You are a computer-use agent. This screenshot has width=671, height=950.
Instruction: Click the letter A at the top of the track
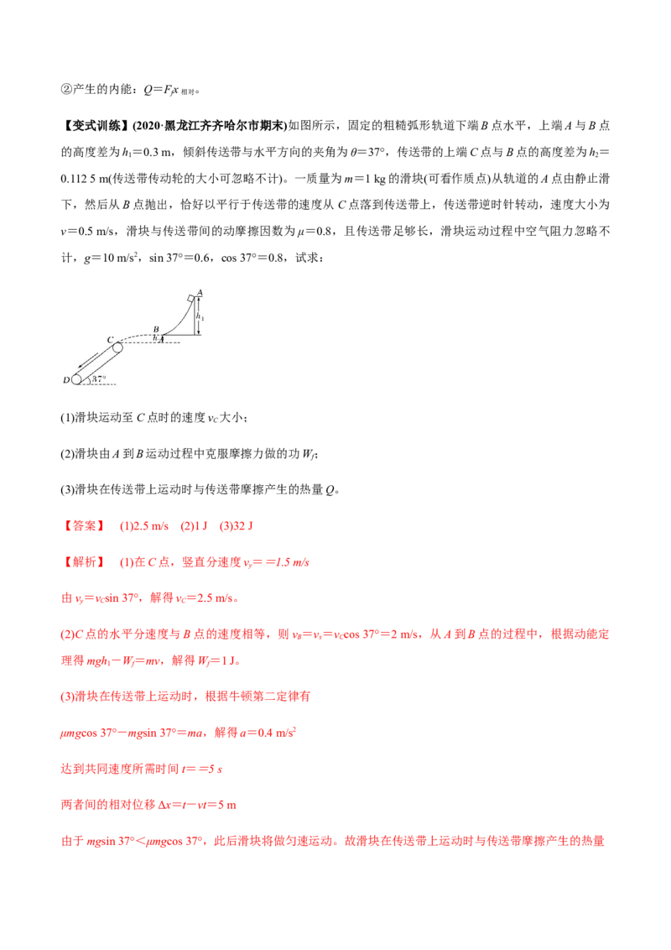200,293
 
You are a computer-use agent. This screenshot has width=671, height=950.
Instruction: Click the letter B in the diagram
155,330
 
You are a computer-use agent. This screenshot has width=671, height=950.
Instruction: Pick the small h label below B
154,337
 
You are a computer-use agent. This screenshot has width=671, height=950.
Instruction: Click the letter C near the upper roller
109,339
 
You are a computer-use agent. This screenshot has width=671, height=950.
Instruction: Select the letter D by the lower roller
65,380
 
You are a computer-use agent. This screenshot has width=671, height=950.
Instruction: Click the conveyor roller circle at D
76,379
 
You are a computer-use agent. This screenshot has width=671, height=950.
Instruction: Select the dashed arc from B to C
134,337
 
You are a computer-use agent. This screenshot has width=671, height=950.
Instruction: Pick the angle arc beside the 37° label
90,378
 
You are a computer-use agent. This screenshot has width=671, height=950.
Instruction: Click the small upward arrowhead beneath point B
161,338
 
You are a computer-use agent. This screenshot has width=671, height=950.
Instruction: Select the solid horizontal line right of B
180,336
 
